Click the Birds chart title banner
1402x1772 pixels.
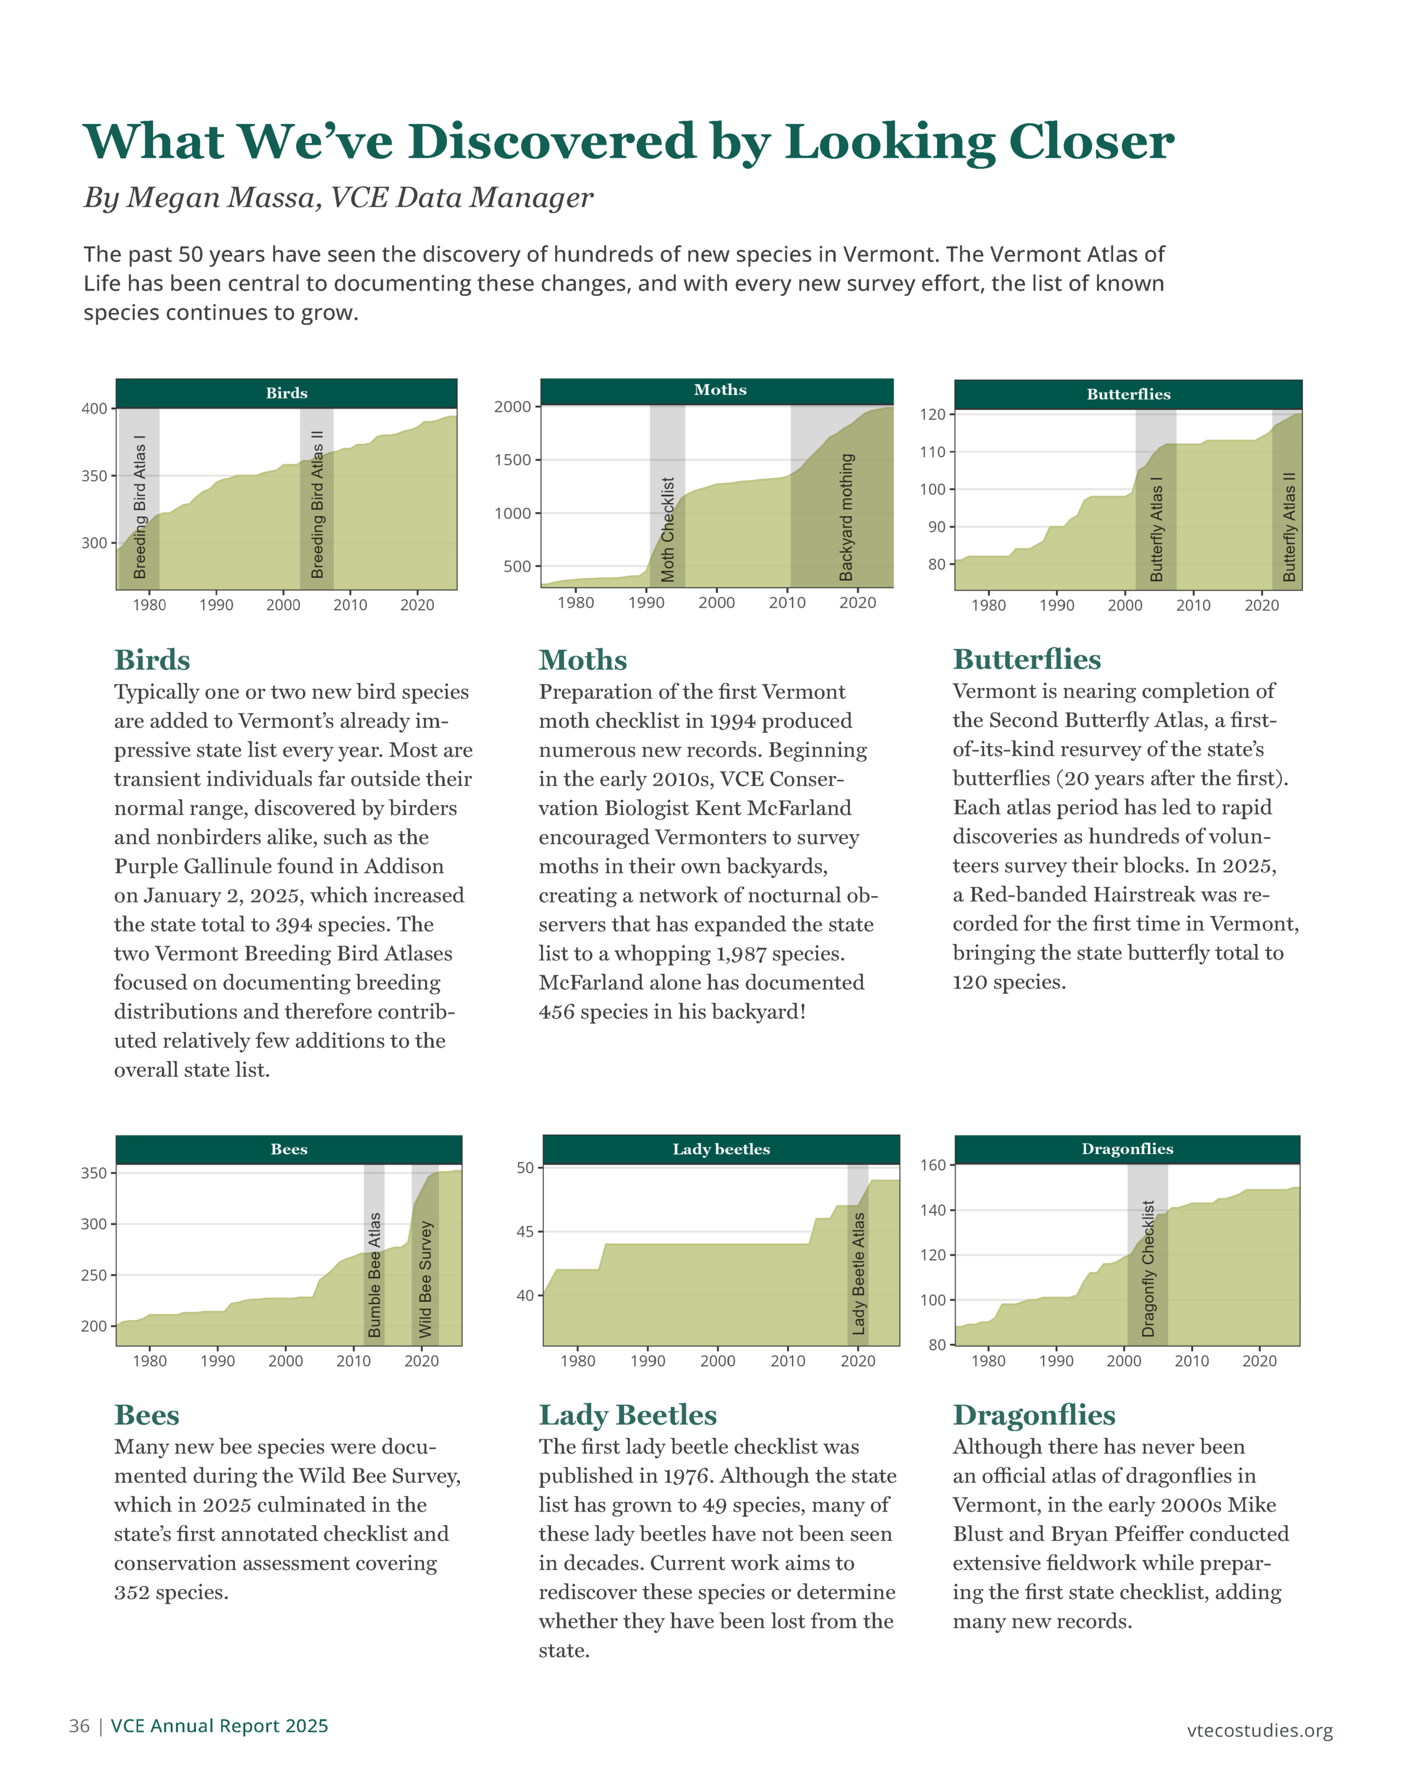point(286,393)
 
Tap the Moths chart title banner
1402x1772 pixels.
point(716,390)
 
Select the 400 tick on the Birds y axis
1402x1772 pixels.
point(94,409)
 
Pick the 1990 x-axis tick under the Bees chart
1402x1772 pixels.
point(217,1361)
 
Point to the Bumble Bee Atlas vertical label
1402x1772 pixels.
point(374,1275)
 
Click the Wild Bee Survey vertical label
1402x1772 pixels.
point(425,1279)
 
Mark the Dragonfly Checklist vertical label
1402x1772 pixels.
point(1149,1269)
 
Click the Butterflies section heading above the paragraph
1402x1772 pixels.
point(1027,659)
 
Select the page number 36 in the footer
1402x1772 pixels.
point(80,1725)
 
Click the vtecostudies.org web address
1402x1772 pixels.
point(1260,1730)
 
